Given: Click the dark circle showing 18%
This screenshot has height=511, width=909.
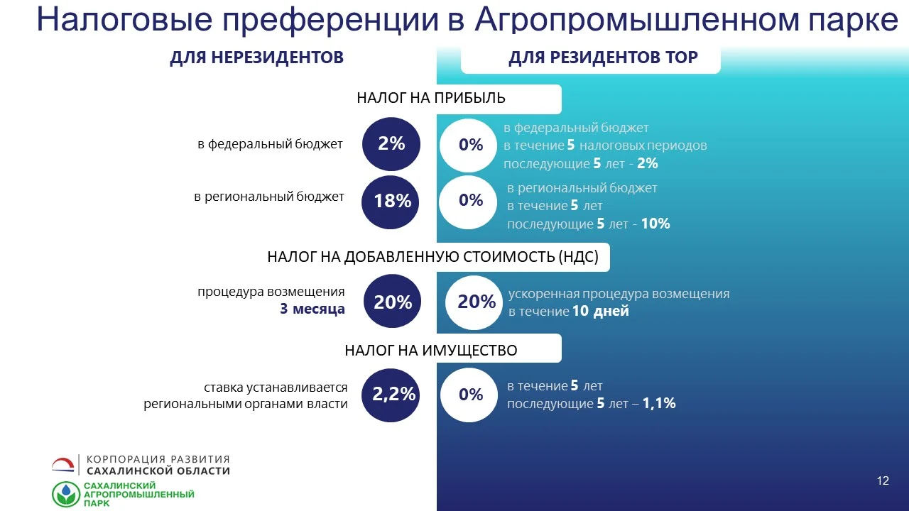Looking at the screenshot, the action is click(x=391, y=202).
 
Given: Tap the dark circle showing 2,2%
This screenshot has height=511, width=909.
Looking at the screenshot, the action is click(x=391, y=395).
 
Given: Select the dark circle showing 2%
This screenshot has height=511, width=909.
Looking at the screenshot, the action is click(x=391, y=144).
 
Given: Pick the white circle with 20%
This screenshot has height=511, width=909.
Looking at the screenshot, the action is click(x=474, y=302).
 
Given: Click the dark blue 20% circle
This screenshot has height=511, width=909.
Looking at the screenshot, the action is click(x=392, y=301).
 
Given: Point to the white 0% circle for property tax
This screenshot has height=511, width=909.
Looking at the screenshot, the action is click(x=469, y=395).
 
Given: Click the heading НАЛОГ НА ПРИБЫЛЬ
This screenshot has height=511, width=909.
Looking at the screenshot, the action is click(x=431, y=98).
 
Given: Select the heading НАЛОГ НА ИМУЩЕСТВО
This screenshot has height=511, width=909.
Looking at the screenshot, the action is click(x=431, y=351).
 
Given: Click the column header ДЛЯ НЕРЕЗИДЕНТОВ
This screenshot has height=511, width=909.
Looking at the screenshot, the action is click(x=257, y=57).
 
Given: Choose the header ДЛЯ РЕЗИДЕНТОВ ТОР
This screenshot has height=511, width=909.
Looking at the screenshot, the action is click(x=603, y=57).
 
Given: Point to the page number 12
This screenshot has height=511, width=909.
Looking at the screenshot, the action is click(x=883, y=480).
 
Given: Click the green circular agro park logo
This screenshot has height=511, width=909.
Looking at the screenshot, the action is click(x=66, y=495).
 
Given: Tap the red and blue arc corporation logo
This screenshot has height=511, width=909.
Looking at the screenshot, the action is click(x=63, y=465).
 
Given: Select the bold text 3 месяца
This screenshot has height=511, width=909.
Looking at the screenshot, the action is click(x=312, y=309).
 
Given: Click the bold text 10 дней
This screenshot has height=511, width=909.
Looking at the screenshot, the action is click(x=601, y=311).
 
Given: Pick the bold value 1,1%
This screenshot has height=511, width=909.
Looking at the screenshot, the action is click(x=659, y=403).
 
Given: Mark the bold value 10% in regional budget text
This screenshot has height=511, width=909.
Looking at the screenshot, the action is click(x=655, y=224).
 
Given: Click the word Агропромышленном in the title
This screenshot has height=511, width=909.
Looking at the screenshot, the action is click(x=637, y=19).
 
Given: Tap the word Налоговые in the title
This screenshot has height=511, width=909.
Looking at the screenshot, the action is click(x=124, y=19).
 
